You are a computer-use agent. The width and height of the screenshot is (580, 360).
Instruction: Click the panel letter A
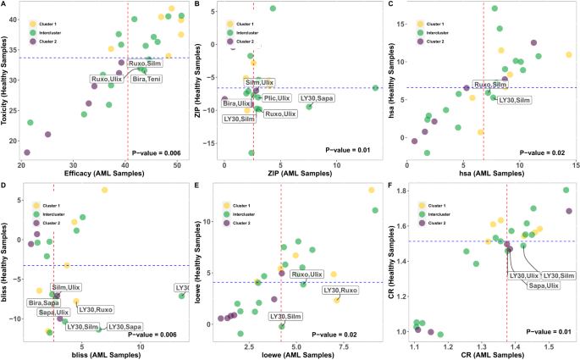(5, 5)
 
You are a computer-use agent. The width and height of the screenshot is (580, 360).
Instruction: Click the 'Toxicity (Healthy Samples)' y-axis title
(7, 85)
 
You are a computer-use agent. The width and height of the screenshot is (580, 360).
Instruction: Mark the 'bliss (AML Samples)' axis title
(101, 352)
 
